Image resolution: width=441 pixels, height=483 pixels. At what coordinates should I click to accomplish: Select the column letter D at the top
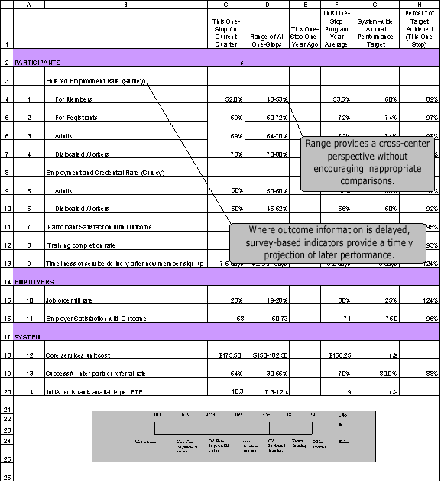coord(267,5)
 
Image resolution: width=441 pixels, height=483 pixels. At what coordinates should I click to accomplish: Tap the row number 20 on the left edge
coord(6,392)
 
